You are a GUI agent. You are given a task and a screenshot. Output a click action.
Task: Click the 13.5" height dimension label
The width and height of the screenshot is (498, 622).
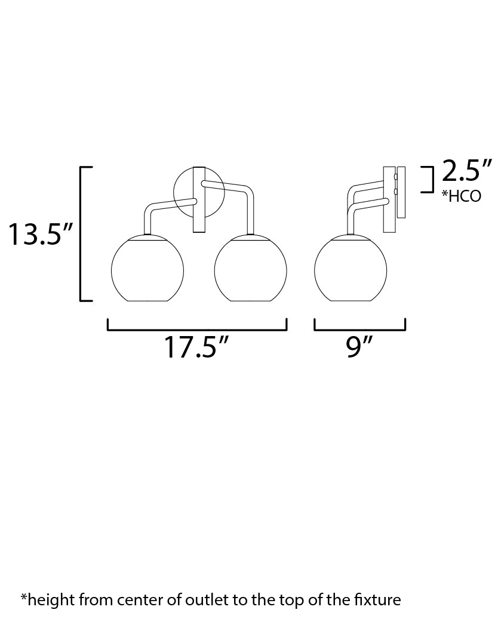(x=41, y=234)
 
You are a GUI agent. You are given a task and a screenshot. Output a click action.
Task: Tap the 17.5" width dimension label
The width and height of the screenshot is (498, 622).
(x=196, y=347)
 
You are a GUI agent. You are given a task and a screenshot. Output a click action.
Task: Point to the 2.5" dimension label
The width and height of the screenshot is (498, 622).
(x=467, y=171)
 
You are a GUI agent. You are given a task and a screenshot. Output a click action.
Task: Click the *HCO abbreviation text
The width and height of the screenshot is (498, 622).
(x=462, y=196)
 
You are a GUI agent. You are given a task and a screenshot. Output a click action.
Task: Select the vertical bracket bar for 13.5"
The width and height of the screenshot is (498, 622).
(x=81, y=234)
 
